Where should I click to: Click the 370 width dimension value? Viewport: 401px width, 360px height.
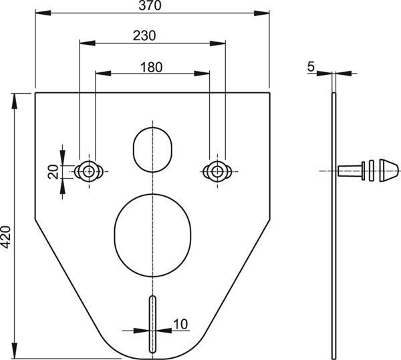150,5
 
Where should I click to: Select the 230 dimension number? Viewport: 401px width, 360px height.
144,35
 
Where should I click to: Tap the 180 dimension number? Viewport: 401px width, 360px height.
152,67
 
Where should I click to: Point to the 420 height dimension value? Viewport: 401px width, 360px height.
5,237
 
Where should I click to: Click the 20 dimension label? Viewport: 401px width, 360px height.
53,171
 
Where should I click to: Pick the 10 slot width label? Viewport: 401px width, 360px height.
180,324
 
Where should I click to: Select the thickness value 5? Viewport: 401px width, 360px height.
311,67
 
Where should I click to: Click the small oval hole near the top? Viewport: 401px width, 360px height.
152,150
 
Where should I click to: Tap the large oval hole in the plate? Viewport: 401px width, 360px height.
152,236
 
